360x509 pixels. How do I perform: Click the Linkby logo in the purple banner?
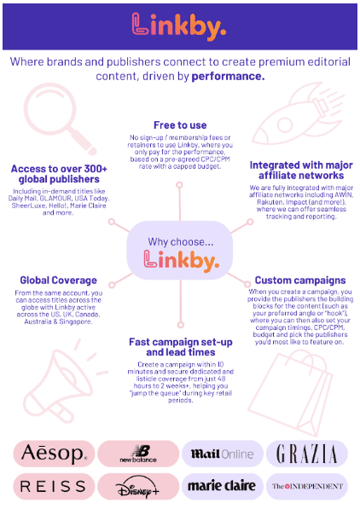point(179,26)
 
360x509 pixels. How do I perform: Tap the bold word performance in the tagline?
point(228,76)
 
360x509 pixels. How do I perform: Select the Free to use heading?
point(180,125)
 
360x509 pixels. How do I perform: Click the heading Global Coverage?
point(59,281)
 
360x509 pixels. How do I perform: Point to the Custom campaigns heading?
point(300,281)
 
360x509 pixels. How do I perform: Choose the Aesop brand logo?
point(54,454)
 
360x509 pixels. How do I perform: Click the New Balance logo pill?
point(138,454)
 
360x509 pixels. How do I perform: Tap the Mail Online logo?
point(223,454)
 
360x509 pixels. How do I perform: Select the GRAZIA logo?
point(307,454)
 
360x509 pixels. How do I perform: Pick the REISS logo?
point(54,486)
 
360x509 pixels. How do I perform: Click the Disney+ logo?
point(138,486)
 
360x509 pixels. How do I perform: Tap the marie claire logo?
point(223,486)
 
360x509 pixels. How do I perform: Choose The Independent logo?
point(307,486)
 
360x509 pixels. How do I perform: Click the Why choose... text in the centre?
point(181,242)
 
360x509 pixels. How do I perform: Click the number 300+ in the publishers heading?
point(96,169)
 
